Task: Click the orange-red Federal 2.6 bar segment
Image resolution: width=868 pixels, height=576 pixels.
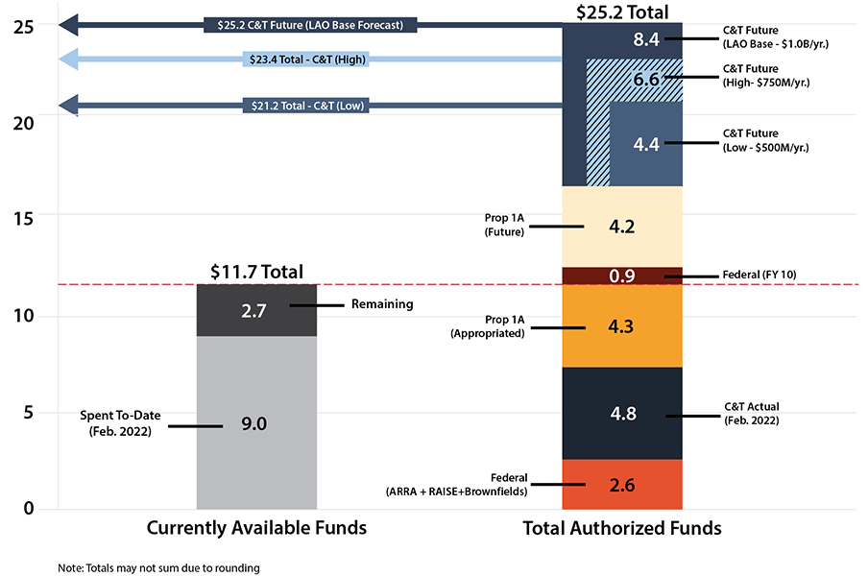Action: click(621, 485)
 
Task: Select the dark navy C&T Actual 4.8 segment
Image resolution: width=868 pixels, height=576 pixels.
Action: click(621, 414)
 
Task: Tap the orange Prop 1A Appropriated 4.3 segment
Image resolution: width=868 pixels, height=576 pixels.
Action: click(621, 326)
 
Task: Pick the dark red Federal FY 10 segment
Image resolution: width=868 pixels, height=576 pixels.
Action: click(621, 276)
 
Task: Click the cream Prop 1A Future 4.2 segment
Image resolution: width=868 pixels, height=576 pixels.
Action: click(621, 228)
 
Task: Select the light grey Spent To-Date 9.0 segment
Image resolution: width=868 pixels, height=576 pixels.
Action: click(256, 423)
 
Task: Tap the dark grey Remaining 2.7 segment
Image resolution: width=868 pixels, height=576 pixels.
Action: click(256, 310)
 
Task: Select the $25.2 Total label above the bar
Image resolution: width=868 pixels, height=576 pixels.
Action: click(621, 12)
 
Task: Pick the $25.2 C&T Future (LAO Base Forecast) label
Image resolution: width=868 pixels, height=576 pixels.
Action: click(310, 24)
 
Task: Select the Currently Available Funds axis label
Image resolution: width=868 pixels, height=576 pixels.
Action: click(256, 528)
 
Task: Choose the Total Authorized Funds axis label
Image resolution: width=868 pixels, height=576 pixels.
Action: click(621, 528)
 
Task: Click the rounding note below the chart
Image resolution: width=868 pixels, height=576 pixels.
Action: click(158, 567)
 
